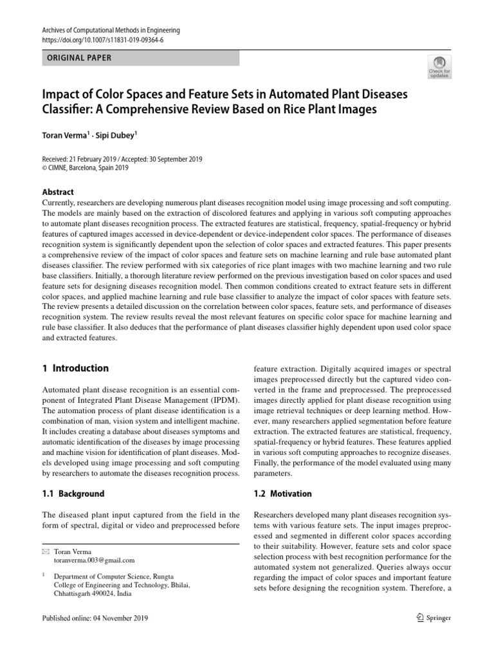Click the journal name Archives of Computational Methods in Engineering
coord(111,30)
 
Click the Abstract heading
coord(58,192)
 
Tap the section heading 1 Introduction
coord(75,369)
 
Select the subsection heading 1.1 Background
coord(73,494)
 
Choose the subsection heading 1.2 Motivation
coord(283,494)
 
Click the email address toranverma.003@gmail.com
coord(95,561)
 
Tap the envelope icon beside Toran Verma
coord(45,552)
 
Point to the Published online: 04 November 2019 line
coord(95,618)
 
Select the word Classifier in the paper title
coord(66,110)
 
